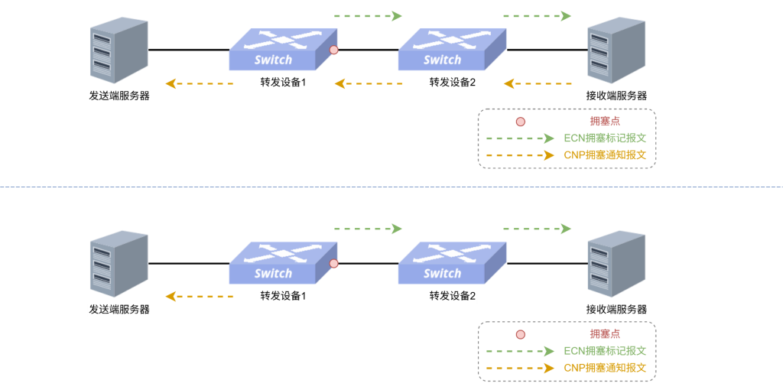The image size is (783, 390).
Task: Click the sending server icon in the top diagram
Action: (119, 50)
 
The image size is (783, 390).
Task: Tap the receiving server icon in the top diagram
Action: (616, 50)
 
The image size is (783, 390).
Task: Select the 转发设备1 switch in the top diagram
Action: (283, 49)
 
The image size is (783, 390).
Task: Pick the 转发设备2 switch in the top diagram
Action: (453, 49)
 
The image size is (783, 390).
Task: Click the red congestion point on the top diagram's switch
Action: (334, 50)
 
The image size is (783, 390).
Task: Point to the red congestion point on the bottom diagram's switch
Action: (334, 263)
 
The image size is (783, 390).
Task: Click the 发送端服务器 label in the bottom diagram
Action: (119, 310)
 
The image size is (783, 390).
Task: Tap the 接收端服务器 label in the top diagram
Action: (617, 96)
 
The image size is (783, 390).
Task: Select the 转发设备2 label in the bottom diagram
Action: (453, 296)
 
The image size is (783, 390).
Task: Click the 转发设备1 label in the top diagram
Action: (283, 83)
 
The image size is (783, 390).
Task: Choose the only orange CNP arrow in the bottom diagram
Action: (200, 297)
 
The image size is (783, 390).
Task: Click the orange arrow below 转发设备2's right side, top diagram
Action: (538, 83)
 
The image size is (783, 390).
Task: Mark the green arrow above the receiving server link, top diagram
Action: (537, 16)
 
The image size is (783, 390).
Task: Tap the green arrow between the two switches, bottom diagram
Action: (368, 229)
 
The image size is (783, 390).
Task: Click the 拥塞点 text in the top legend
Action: (606, 122)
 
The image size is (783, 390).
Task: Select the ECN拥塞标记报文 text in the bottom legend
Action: (606, 351)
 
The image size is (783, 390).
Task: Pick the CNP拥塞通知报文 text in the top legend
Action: (606, 154)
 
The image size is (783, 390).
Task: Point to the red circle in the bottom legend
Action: (520, 335)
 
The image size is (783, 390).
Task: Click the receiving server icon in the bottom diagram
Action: (616, 264)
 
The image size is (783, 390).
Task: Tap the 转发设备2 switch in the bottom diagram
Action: (453, 262)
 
